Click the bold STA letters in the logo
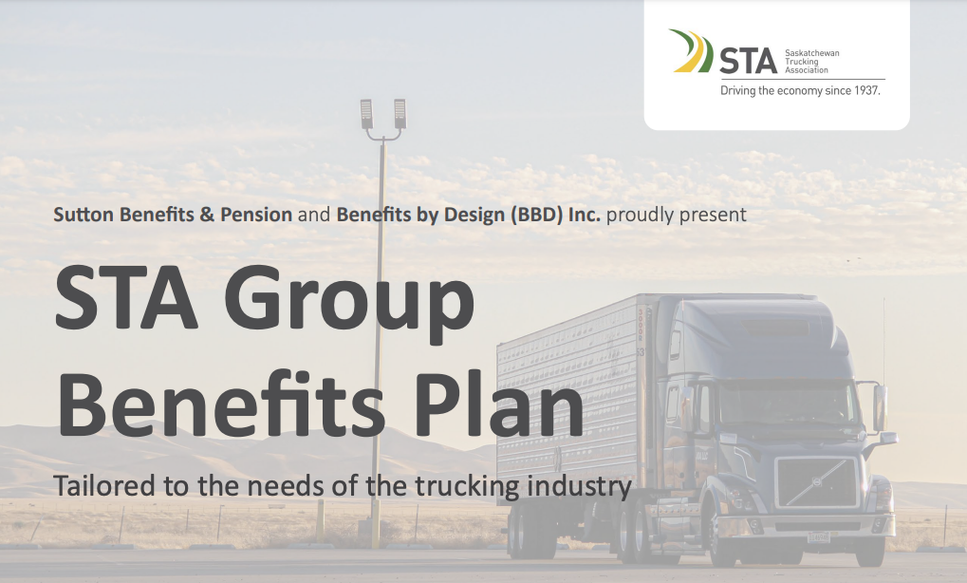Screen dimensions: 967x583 [x=748, y=61]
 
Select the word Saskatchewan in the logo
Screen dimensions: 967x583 [x=811, y=53]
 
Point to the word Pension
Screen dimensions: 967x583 [x=256, y=215]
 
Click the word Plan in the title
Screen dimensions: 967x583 [x=497, y=404]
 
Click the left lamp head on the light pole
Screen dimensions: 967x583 [x=367, y=114]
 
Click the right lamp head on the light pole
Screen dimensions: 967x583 [x=400, y=114]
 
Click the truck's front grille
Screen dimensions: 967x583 [x=816, y=482]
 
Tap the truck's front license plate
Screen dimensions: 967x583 [x=818, y=537]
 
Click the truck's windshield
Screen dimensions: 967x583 [x=790, y=402]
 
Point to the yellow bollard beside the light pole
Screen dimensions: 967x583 [x=320, y=521]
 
